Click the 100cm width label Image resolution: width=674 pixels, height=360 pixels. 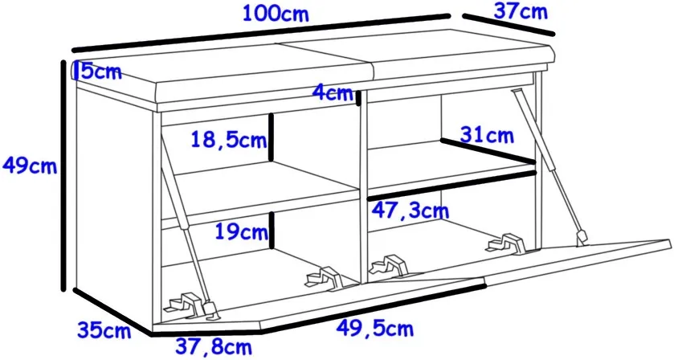pyautogui.click(x=276, y=13)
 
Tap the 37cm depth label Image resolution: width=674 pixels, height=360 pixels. pyautogui.click(x=521, y=11)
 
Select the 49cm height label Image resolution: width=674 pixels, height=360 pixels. pyautogui.click(x=30, y=165)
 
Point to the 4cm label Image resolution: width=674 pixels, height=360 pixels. pyautogui.click(x=333, y=92)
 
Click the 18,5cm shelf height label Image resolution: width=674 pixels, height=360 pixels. pyautogui.click(x=229, y=139)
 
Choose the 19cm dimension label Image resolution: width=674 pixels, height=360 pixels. pyautogui.click(x=241, y=231)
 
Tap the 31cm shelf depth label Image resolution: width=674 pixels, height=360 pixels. pyautogui.click(x=487, y=135)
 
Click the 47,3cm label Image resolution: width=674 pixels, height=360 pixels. pyautogui.click(x=410, y=211)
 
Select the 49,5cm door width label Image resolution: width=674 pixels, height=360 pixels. pyautogui.click(x=374, y=328)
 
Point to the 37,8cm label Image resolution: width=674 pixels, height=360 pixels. pyautogui.click(x=213, y=346)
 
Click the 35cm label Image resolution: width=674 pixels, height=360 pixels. pyautogui.click(x=104, y=330)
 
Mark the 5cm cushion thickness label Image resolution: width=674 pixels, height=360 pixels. pyautogui.click(x=99, y=72)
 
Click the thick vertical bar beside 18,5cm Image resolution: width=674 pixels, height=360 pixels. pyautogui.click(x=272, y=137)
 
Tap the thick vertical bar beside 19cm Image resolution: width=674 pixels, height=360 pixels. pyautogui.click(x=272, y=230)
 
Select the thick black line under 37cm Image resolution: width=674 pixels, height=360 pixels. pyautogui.click(x=509, y=25)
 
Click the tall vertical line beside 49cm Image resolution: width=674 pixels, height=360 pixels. pyautogui.click(x=63, y=175)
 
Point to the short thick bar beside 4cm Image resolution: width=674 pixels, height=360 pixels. pyautogui.click(x=358, y=97)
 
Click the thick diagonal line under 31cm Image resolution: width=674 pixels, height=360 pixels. pyautogui.click(x=488, y=150)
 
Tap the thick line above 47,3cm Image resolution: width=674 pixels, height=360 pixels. pyautogui.click(x=452, y=186)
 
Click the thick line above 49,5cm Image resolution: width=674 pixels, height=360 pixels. pyautogui.click(x=374, y=307)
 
